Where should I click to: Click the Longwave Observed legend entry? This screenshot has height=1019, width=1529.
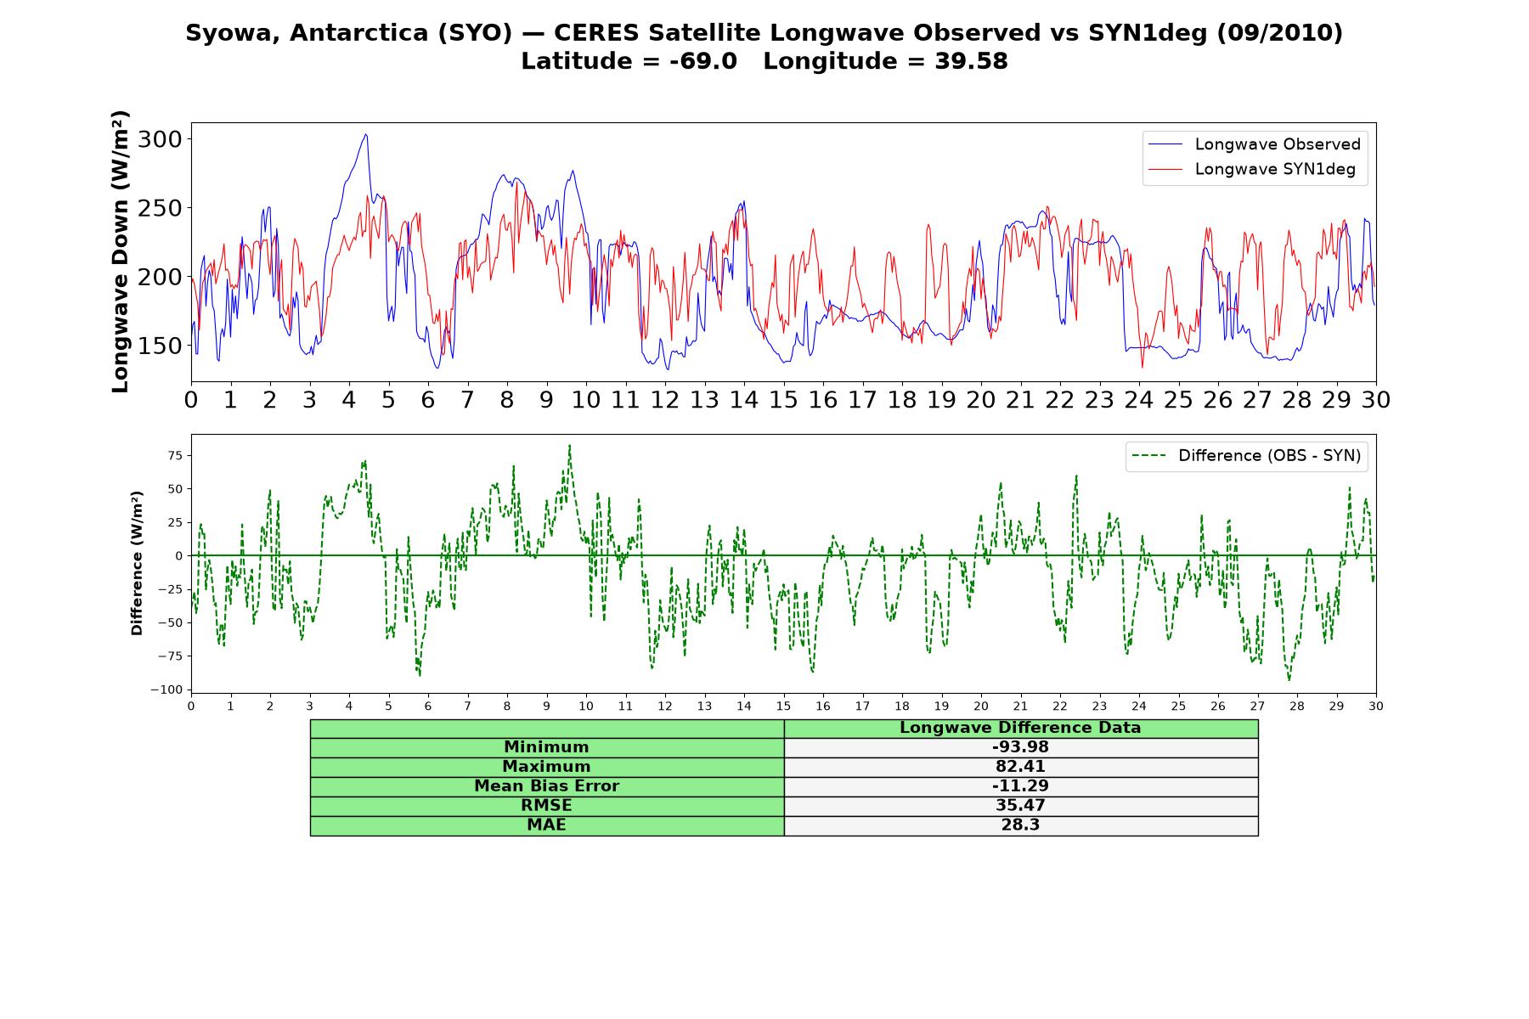click(x=1255, y=144)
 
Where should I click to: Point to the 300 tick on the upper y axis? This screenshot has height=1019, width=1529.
click(x=160, y=139)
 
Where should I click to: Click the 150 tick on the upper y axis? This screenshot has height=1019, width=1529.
click(x=160, y=346)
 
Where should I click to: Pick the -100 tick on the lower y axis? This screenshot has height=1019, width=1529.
click(x=166, y=690)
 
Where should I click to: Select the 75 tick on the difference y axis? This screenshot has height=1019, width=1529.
click(x=175, y=455)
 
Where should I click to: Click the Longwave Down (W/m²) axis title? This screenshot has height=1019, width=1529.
click(x=120, y=251)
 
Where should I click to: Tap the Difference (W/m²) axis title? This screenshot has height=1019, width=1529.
click(x=137, y=563)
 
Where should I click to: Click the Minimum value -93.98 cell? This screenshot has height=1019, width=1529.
click(x=1020, y=747)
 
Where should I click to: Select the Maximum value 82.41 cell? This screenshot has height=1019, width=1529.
click(x=1020, y=767)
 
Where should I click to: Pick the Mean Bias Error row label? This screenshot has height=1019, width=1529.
click(x=546, y=786)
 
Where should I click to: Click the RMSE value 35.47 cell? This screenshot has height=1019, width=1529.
click(x=1020, y=806)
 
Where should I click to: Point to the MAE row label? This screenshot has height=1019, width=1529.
click(x=546, y=825)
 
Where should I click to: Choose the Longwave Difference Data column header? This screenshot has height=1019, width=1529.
click(x=1020, y=728)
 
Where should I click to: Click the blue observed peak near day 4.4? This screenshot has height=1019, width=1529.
click(x=366, y=134)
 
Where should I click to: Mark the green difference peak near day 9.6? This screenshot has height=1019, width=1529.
click(x=569, y=445)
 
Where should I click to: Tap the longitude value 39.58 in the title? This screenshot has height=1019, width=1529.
click(x=972, y=61)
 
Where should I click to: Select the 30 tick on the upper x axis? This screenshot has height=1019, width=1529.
click(x=1376, y=400)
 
